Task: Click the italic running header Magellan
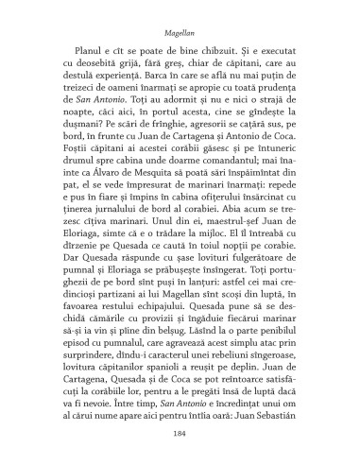tap(179, 29)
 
